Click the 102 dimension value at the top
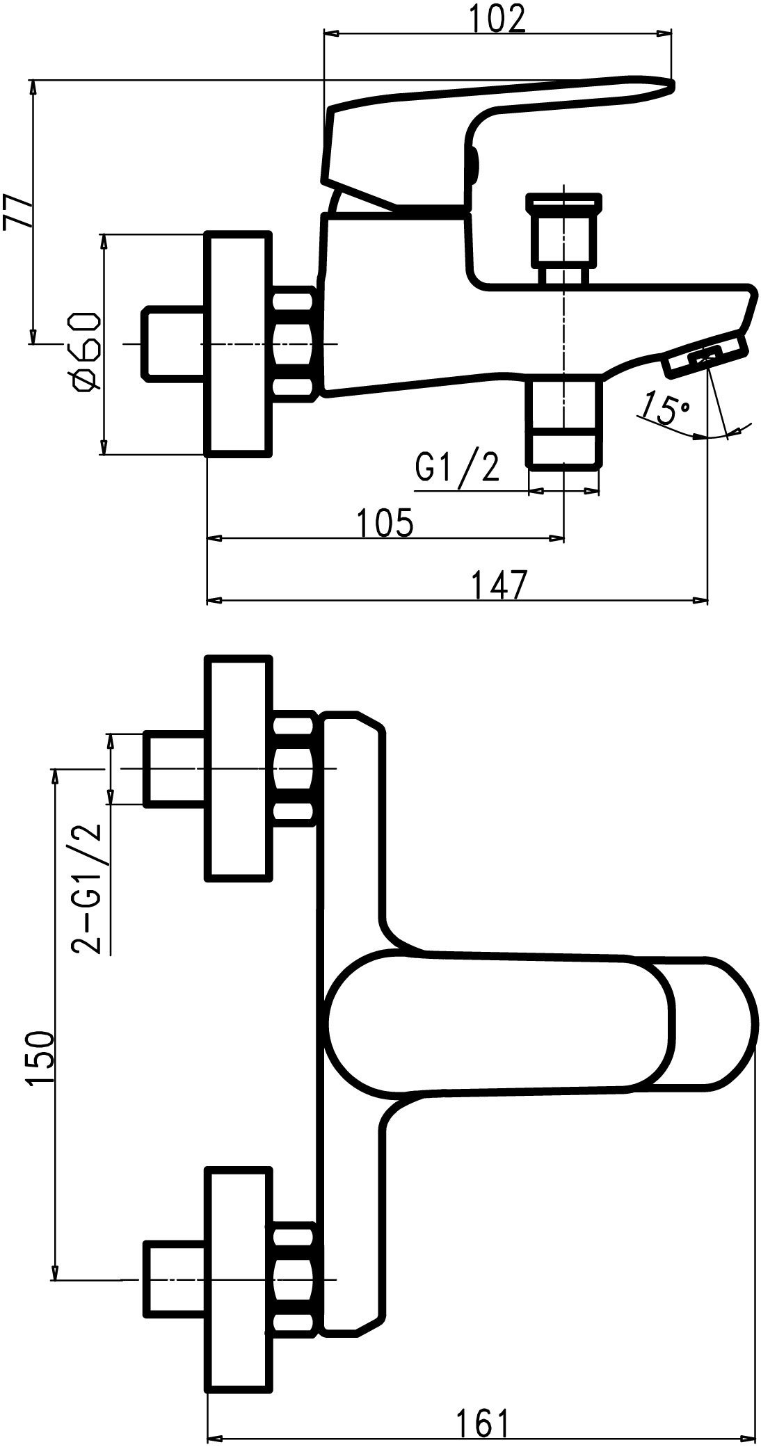pyautogui.click(x=497, y=19)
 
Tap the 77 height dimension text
pyautogui.click(x=19, y=211)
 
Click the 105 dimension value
pyautogui.click(x=385, y=522)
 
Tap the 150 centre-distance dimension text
pyautogui.click(x=40, y=1057)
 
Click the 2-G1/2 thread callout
pyautogui.click(x=88, y=889)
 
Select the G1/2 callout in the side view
pyautogui.click(x=457, y=467)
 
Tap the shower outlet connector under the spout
pyautogui.click(x=563, y=421)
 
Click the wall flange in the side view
pyautogui.click(x=237, y=344)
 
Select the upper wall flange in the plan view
pyautogui.click(x=237, y=768)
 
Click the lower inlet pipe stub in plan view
pyautogui.click(x=174, y=1279)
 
